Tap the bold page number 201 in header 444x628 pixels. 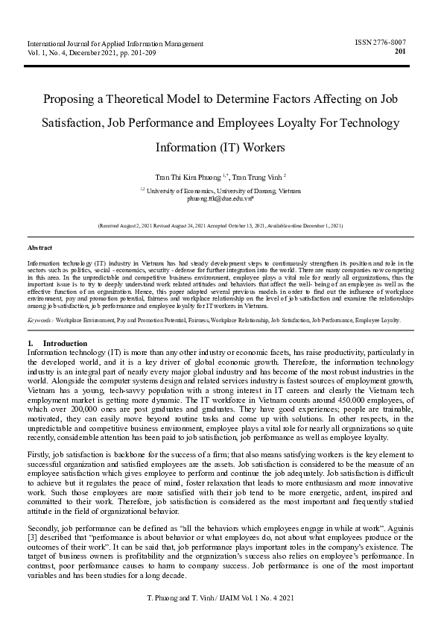400,51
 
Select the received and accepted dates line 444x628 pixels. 221,224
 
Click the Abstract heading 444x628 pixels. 40,246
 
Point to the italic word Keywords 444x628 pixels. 39,319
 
